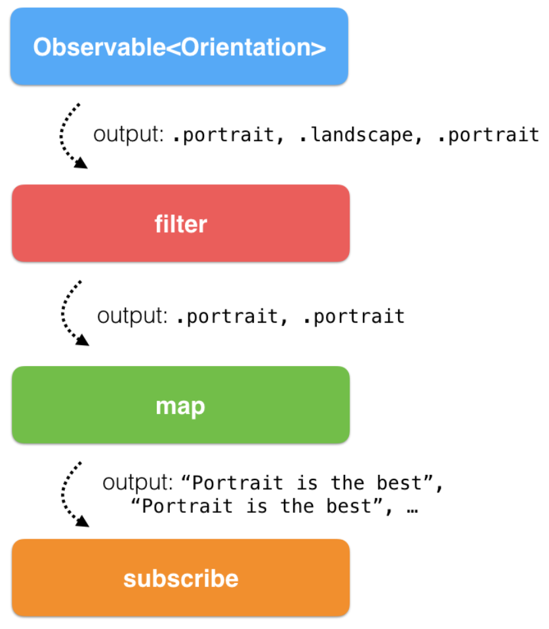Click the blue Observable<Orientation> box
coord(179,46)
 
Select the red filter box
coord(181,224)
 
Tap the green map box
coord(181,405)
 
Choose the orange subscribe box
coord(181,578)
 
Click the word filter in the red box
coord(181,224)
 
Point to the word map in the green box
coord(180,407)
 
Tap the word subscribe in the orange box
coord(181,578)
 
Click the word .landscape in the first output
coord(356,135)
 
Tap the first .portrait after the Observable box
coord(224,135)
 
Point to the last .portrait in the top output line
coord(489,135)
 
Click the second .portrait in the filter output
coord(354,317)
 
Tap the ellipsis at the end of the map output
coord(413,510)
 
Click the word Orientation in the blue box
coord(246,47)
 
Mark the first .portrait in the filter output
coord(227,317)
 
